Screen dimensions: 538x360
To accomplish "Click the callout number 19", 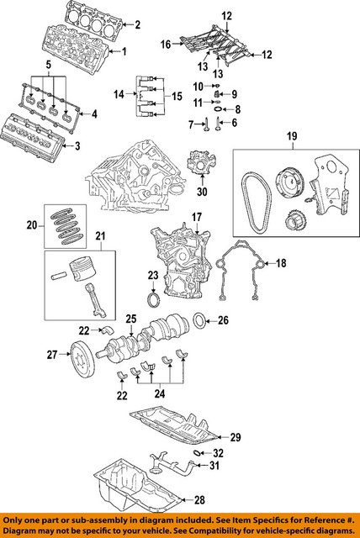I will [x=291, y=135].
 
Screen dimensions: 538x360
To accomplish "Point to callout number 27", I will [x=51, y=354].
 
